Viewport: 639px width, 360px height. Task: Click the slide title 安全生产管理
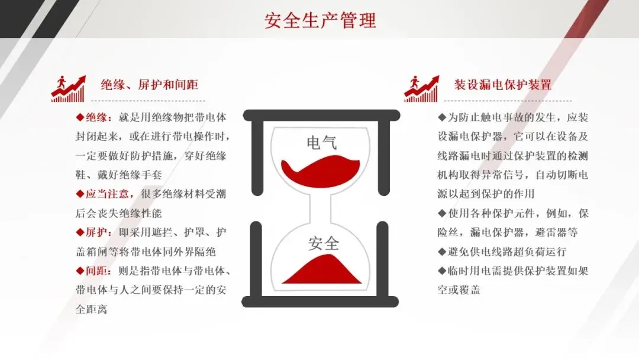[x=319, y=21]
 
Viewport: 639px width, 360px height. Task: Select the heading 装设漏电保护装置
[x=503, y=85]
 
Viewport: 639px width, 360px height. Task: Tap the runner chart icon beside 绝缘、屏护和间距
[x=68, y=89]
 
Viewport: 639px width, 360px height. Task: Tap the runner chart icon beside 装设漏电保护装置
[x=421, y=89]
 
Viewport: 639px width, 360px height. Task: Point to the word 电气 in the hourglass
[x=322, y=143]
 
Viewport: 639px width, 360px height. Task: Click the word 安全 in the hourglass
[x=323, y=243]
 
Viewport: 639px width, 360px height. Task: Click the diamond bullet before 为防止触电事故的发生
[x=442, y=117]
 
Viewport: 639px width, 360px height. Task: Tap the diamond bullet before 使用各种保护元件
[x=442, y=213]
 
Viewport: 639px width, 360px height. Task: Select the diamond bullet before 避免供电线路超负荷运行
[x=442, y=252]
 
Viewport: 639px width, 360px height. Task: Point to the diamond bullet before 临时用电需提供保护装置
[x=442, y=271]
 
